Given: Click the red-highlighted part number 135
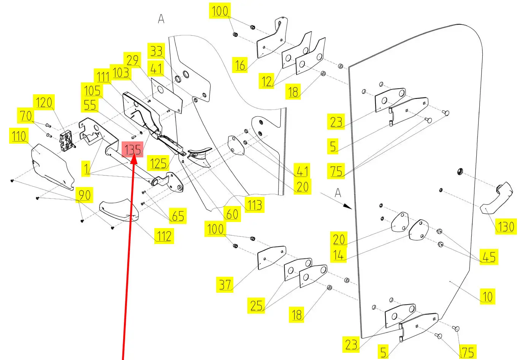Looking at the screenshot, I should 132,149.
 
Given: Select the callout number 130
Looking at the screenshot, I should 506,227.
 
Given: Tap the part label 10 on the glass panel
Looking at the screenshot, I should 487,296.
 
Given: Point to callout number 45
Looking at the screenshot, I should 489,257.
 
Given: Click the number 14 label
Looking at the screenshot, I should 338,255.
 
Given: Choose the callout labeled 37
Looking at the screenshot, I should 225,284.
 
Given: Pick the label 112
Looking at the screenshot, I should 164,236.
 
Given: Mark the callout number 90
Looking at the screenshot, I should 84,195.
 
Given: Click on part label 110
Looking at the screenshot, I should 19,136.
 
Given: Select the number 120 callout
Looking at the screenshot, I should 44,102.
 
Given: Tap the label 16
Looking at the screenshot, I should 240,65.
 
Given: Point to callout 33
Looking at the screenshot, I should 156,51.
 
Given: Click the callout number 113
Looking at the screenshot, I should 254,205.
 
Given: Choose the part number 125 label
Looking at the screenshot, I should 158,163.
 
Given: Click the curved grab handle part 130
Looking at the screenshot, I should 498,197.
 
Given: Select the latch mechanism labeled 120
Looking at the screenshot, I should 67,140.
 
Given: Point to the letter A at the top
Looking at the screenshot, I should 161,19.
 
